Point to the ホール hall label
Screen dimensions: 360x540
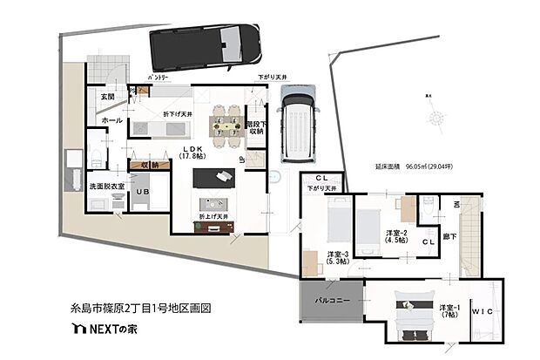111,120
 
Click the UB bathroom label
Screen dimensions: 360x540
140,192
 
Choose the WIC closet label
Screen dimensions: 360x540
483,311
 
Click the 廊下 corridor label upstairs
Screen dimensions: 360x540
449,235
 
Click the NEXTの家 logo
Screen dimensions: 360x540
107,330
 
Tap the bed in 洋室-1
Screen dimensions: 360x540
409,317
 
